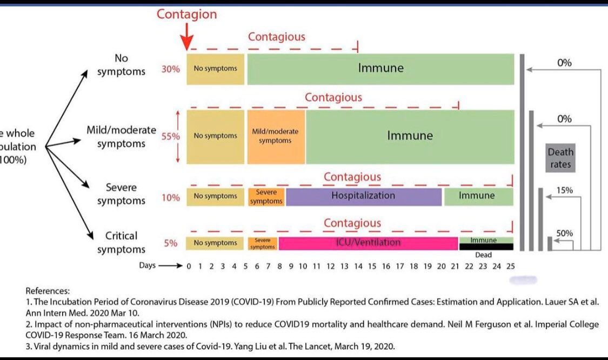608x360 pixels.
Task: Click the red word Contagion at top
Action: coord(186,14)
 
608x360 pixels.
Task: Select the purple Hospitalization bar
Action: coord(363,196)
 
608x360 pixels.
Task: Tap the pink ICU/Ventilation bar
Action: coord(368,243)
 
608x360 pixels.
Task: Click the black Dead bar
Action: coord(485,246)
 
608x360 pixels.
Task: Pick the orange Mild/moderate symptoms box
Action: coord(275,136)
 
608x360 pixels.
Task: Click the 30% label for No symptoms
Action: coord(170,69)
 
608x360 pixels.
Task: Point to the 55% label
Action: coord(170,137)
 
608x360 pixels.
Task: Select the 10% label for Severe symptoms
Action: coord(170,198)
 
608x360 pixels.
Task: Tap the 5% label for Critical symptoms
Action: coord(171,243)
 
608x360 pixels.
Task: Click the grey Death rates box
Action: coord(560,158)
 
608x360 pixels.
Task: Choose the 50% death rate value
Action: coord(564,234)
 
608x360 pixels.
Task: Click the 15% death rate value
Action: coord(564,190)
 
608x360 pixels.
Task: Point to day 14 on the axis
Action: coord(358,266)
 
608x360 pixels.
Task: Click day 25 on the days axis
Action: coord(510,266)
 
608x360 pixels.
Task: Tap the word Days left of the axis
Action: coord(147,265)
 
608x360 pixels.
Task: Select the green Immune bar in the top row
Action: coord(380,69)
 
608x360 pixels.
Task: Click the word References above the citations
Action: coord(47,290)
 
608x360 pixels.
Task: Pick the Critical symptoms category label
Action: coord(121,243)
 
